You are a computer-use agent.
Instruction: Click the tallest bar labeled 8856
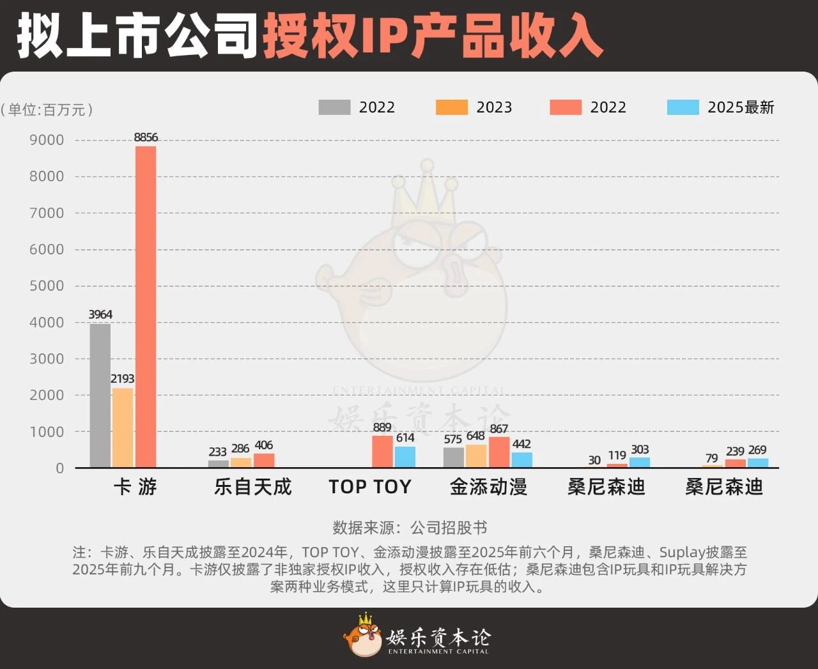pyautogui.click(x=146, y=307)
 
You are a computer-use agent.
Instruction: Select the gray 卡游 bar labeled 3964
pyautogui.click(x=100, y=396)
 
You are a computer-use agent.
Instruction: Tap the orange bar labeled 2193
pyautogui.click(x=123, y=427)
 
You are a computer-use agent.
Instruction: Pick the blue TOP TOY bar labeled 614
pyautogui.click(x=405, y=457)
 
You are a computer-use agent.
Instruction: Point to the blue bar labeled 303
pyautogui.click(x=640, y=462)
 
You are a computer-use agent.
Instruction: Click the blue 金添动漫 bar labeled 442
pyautogui.click(x=521, y=459)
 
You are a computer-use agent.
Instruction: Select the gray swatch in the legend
pyautogui.click(x=334, y=107)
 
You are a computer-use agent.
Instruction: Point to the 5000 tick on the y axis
pyautogui.click(x=47, y=286)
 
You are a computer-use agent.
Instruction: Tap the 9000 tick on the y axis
pyautogui.click(x=47, y=140)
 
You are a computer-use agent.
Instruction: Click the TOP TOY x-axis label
pyautogui.click(x=370, y=487)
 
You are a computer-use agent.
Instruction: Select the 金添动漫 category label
pyautogui.click(x=489, y=487)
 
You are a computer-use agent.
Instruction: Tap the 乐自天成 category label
pyautogui.click(x=253, y=487)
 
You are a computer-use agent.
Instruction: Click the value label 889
pyautogui.click(x=382, y=427)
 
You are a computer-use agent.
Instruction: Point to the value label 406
pyautogui.click(x=263, y=445)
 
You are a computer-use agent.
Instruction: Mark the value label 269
pyautogui.click(x=757, y=450)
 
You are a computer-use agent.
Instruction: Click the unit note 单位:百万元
pyautogui.click(x=47, y=110)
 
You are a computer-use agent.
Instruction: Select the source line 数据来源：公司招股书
pyautogui.click(x=410, y=528)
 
